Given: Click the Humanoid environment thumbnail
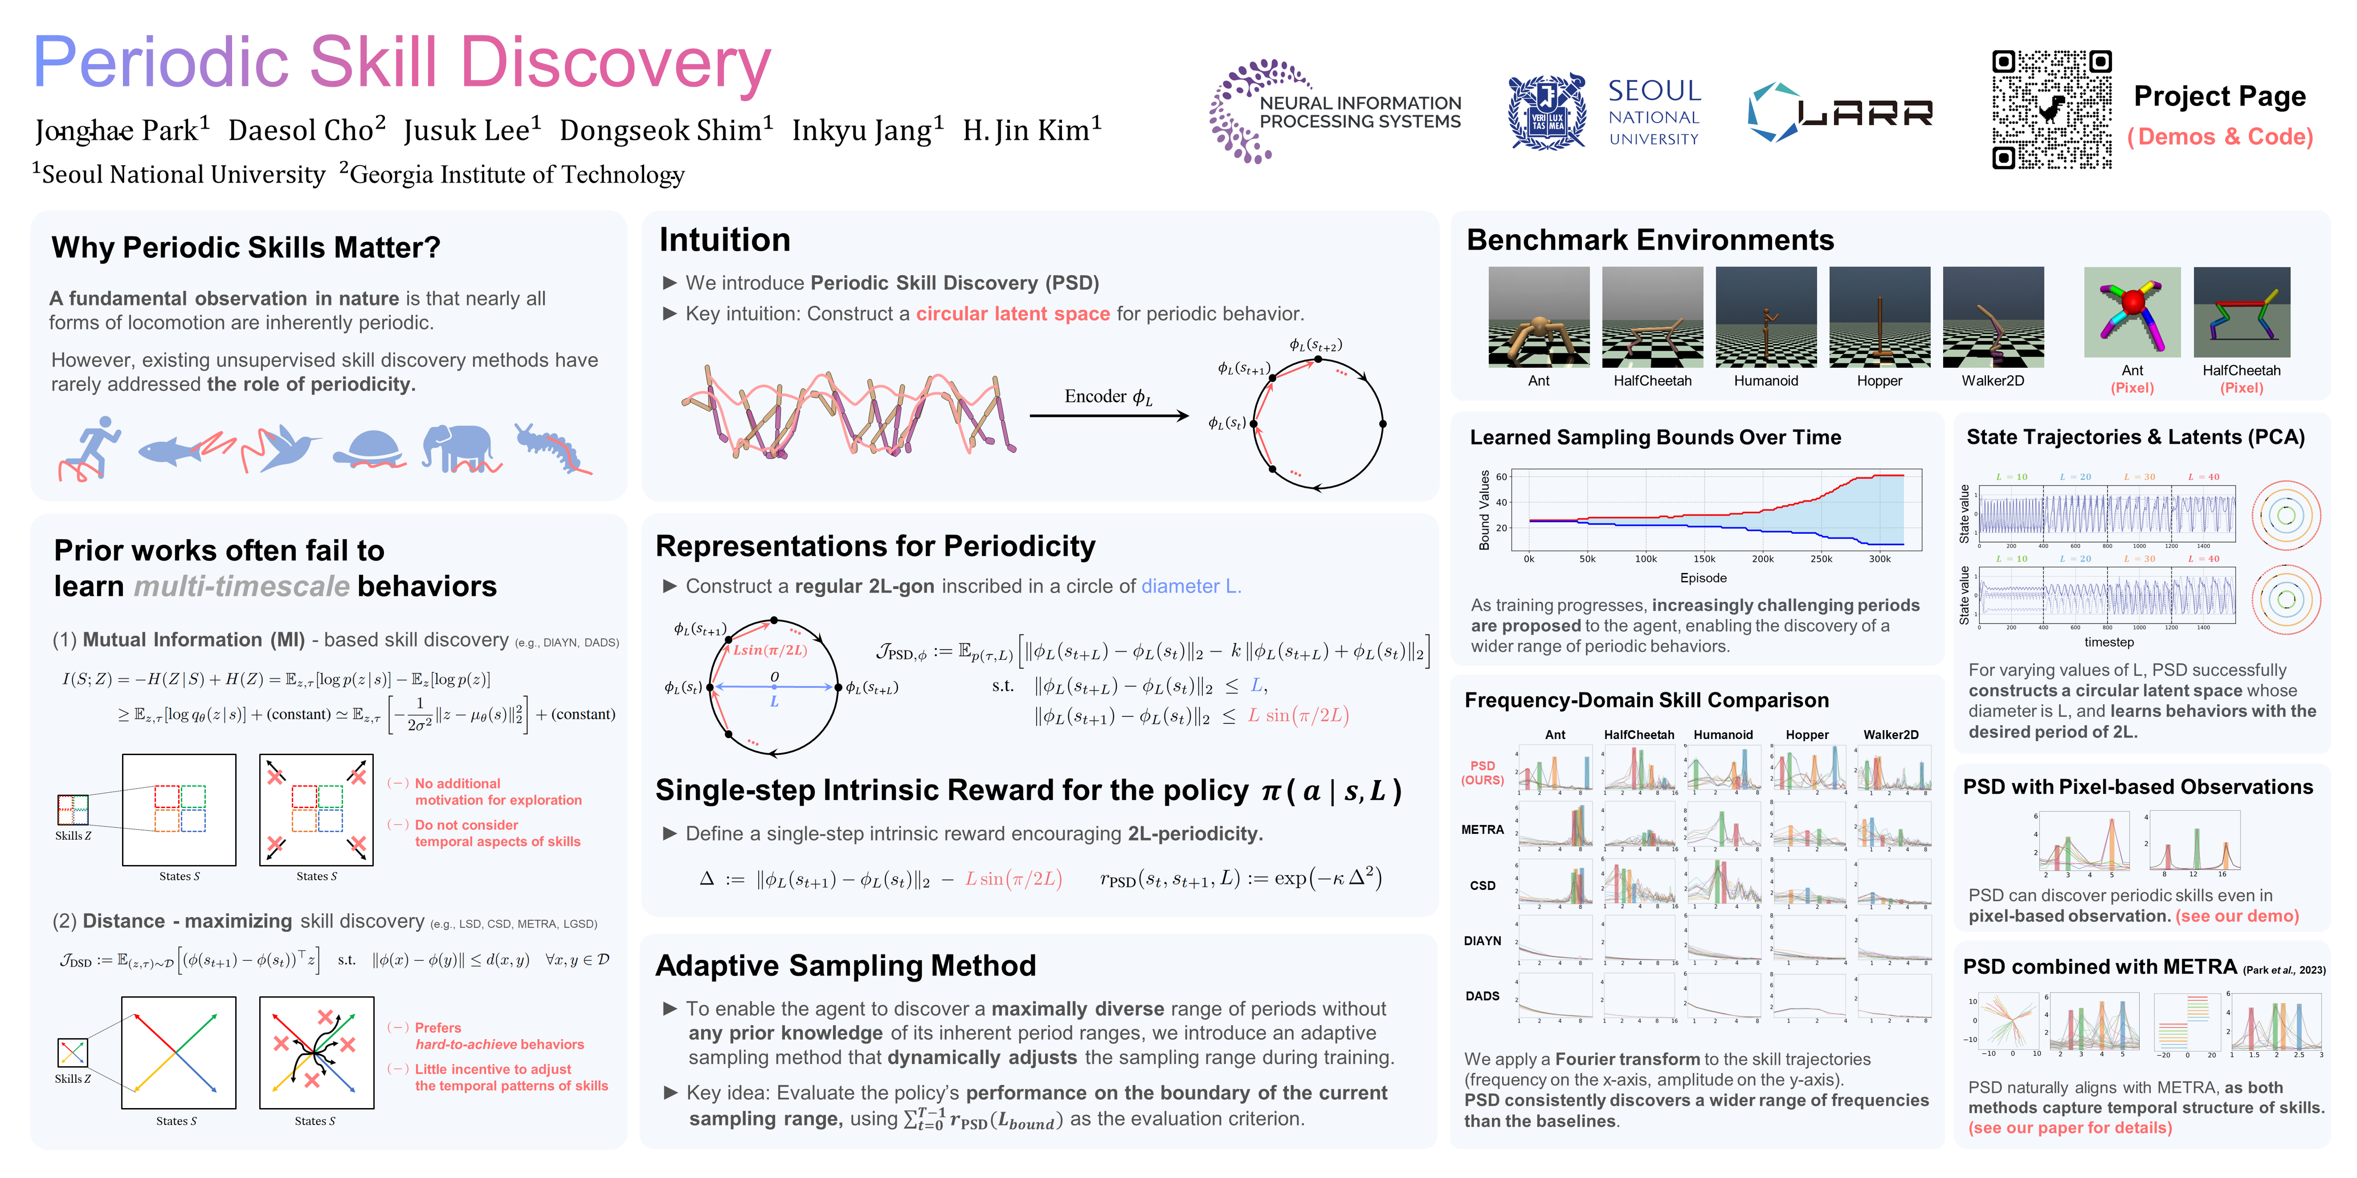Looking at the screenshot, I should point(1766,317).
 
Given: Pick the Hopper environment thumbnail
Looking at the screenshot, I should point(1879,317).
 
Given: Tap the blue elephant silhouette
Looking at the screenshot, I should point(458,446).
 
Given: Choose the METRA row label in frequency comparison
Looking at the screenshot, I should point(1482,830).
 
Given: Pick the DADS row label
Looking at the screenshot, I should point(1482,996).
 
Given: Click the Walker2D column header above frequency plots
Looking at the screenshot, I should point(1890,734).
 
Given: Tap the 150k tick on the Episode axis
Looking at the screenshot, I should point(1704,559).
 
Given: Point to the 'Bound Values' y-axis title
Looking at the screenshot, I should point(1484,510).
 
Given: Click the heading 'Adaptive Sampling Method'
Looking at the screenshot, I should point(846,966).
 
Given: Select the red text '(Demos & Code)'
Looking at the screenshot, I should point(2220,137).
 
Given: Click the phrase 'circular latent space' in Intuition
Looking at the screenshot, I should point(1013,314).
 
